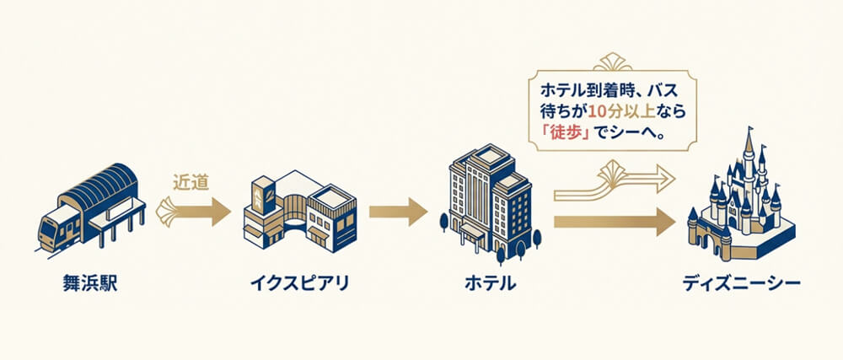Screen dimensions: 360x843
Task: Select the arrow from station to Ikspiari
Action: coord(194,210)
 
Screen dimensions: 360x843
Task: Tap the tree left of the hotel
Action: coord(444,221)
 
